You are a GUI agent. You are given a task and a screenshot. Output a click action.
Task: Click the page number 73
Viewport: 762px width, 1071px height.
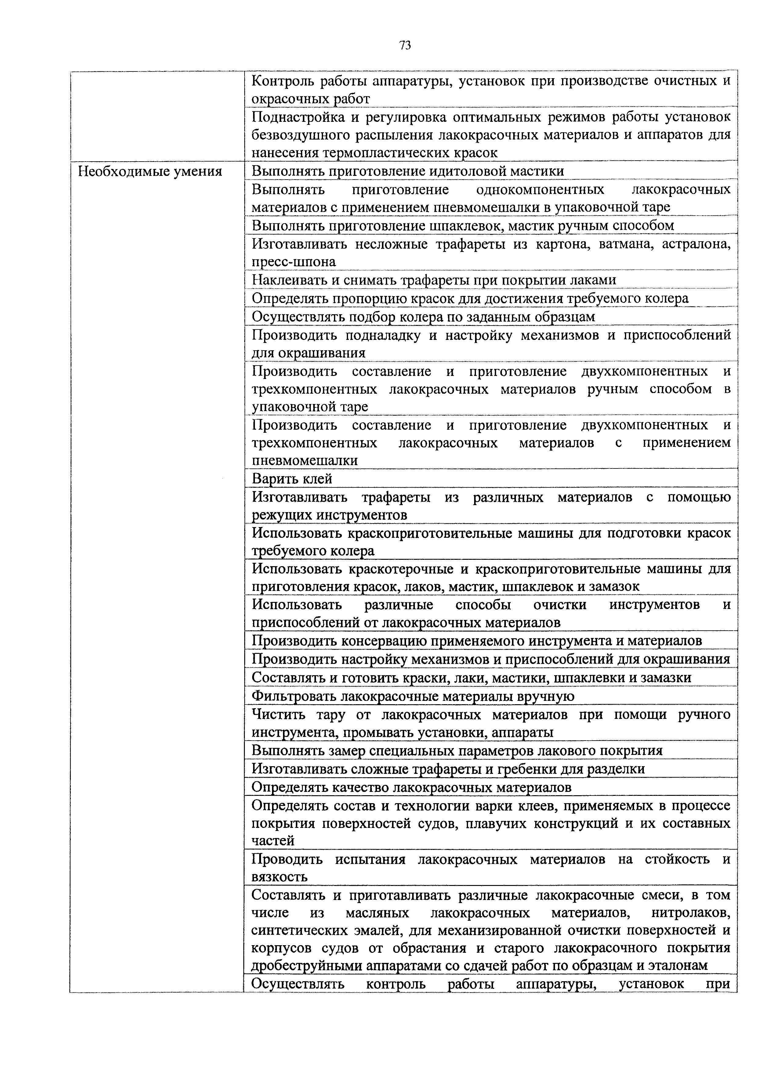(405, 45)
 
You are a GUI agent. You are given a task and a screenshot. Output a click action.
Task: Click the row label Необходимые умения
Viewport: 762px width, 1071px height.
(150, 171)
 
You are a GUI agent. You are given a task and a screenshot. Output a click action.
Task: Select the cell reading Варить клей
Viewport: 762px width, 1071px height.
(292, 479)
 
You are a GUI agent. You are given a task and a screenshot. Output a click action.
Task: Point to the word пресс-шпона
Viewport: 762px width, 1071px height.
(294, 261)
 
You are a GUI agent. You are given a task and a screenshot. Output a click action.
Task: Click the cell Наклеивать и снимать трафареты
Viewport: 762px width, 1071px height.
(434, 280)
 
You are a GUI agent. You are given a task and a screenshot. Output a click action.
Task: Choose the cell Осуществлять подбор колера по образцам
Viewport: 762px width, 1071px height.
(423, 317)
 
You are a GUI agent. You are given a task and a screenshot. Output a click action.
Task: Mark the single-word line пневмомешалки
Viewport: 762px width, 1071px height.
(304, 461)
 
